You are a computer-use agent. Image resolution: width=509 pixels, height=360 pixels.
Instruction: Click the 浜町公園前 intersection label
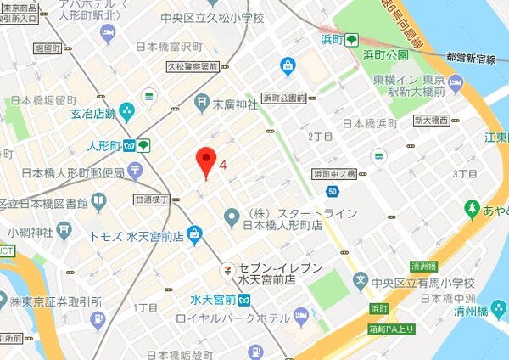coord(283,98)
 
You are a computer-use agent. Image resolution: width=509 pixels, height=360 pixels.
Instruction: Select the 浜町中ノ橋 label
coord(333,173)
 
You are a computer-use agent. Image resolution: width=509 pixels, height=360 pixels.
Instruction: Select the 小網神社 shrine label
coord(31,232)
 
